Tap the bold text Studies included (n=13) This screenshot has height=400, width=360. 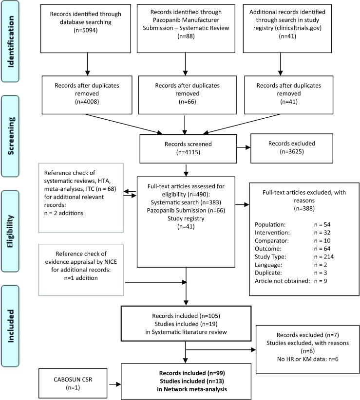click(x=188, y=380)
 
